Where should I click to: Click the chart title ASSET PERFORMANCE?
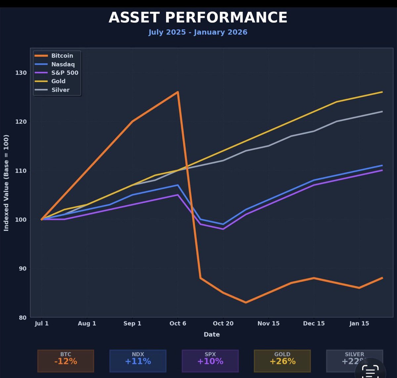tap(198, 17)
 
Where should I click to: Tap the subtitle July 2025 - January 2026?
tap(198, 32)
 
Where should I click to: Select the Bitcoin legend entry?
tap(62, 56)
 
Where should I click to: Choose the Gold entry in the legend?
tap(58, 81)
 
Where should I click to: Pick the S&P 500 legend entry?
tap(65, 73)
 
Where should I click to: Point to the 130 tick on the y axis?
tap(21, 73)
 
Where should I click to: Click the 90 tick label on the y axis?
tap(22, 268)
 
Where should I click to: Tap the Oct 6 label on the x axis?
tap(178, 323)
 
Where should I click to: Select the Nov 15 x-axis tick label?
tap(268, 323)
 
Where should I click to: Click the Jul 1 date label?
tap(42, 323)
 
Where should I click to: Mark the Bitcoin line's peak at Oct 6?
tap(178, 92)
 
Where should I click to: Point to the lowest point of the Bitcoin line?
tap(246, 302)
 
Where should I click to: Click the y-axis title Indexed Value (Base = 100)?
tap(6, 183)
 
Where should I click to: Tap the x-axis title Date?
tap(212, 335)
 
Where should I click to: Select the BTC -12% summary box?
tap(66, 360)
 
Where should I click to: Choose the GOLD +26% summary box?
tap(282, 360)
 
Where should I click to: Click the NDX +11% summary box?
tap(138, 360)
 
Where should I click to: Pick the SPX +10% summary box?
tap(210, 360)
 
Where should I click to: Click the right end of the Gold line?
tap(382, 92)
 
